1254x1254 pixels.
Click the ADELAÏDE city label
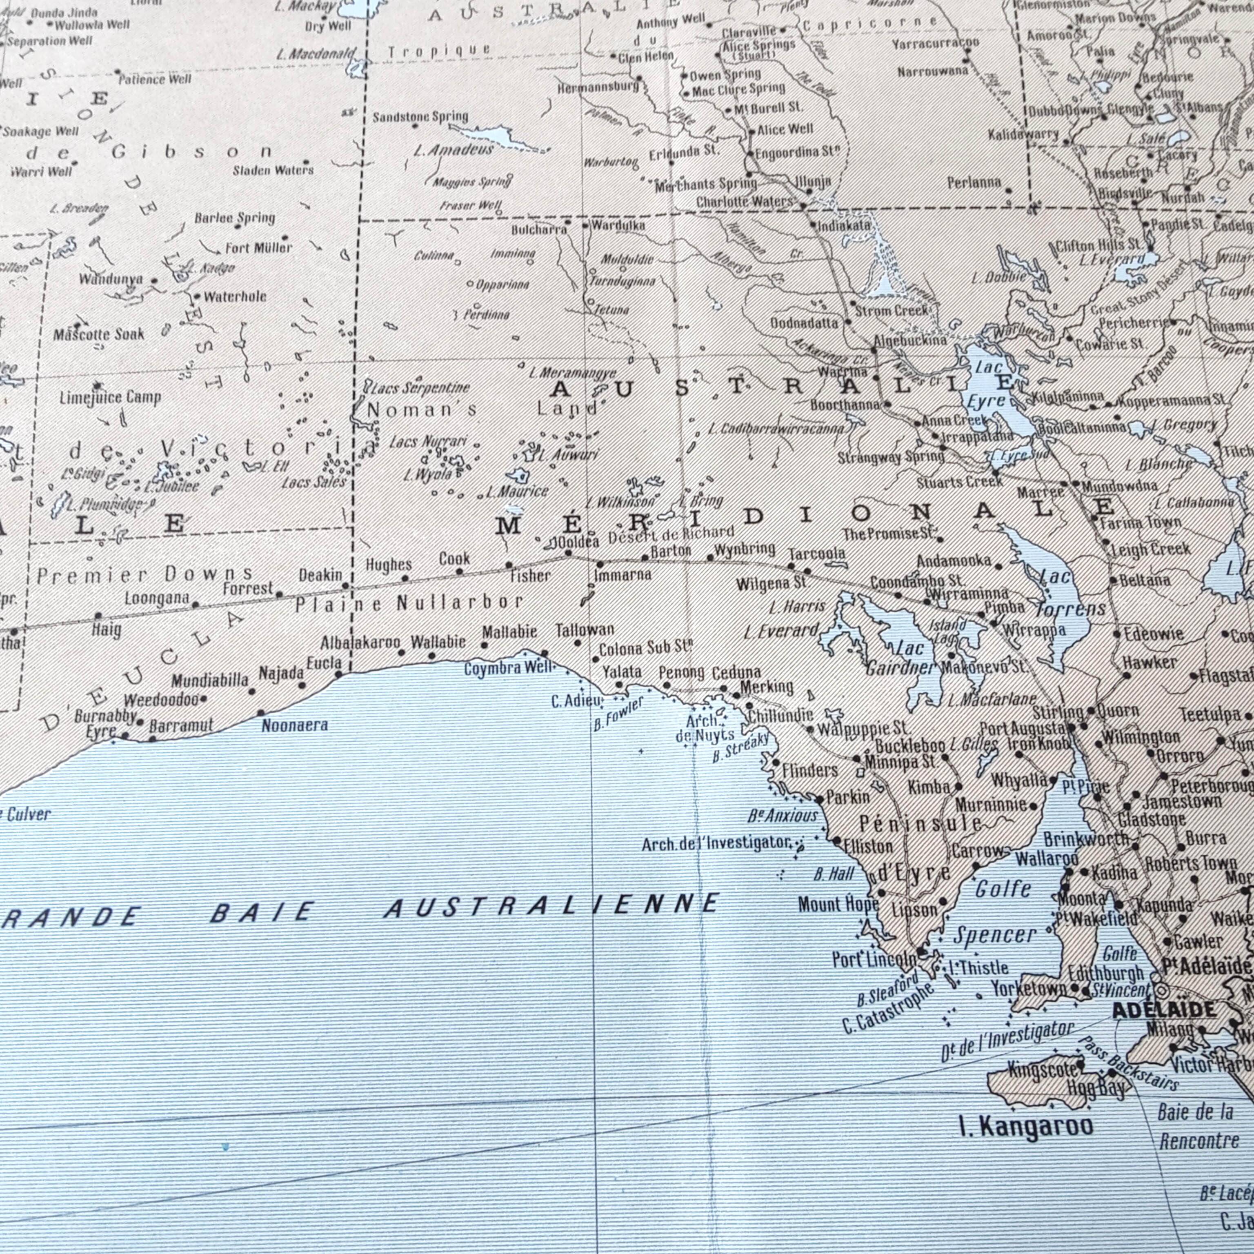click(x=1164, y=1010)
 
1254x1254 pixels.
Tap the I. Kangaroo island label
click(x=1025, y=1126)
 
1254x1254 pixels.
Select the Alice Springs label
click(x=759, y=45)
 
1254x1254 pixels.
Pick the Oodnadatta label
click(x=804, y=322)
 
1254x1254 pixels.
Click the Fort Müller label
click(x=258, y=248)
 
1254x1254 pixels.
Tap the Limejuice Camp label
click(x=110, y=397)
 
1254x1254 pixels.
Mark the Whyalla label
click(x=1019, y=780)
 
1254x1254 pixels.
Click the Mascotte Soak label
click(x=99, y=335)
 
